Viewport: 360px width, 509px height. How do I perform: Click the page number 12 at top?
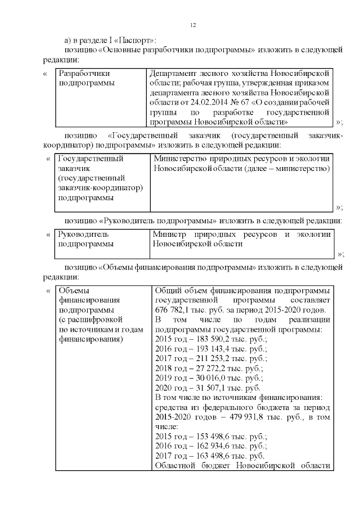192,25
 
